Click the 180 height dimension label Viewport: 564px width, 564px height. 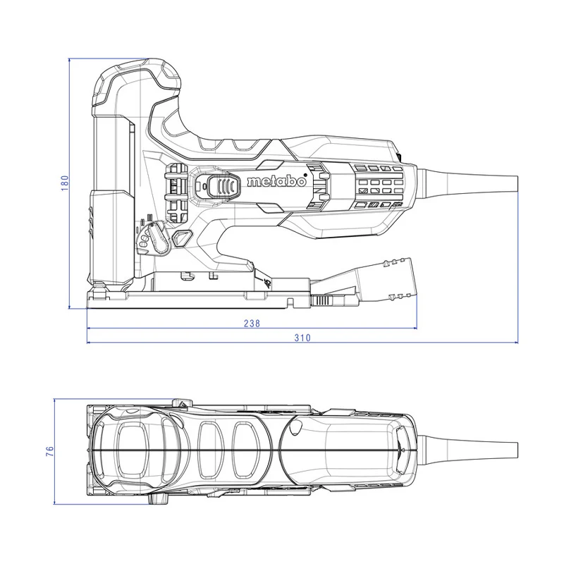pos(65,183)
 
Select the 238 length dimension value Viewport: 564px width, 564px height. pos(252,324)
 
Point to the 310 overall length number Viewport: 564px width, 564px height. pos(302,338)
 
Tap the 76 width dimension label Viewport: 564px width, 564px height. pos(50,451)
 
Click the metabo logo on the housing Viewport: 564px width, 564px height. pos(276,182)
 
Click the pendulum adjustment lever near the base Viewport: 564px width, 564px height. pos(158,238)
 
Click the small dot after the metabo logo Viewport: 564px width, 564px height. pos(305,176)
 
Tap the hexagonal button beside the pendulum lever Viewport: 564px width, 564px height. pos(183,238)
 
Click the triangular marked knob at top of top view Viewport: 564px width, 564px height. pos(183,403)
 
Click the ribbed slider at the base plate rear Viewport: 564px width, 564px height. pos(322,301)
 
